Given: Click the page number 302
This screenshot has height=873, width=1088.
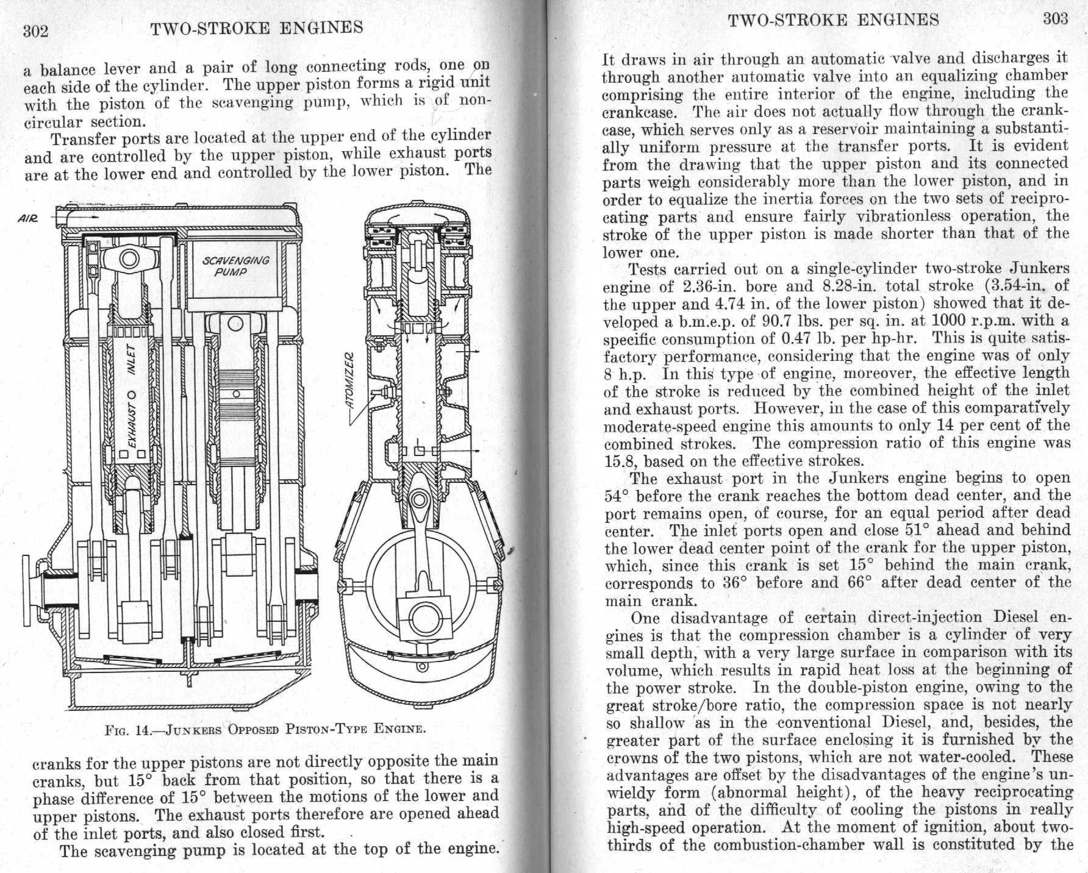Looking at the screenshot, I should tap(35, 31).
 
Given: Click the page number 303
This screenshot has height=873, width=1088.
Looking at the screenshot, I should tap(1055, 19).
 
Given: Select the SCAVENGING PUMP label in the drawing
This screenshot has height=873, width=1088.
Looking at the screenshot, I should tap(235, 266).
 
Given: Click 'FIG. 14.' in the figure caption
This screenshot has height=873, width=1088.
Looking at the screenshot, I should tap(129, 730).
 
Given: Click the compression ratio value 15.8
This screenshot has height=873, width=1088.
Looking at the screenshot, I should tap(620, 461).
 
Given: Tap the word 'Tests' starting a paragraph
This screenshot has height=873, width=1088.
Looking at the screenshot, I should tap(648, 269).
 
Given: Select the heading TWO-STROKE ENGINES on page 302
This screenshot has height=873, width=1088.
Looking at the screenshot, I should tap(256, 28).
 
